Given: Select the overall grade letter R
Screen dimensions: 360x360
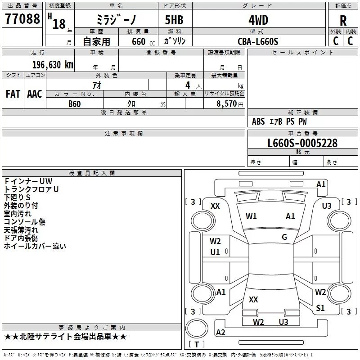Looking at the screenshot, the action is (343, 20).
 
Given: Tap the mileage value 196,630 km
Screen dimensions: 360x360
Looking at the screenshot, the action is (53, 64).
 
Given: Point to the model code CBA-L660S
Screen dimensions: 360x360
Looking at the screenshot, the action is (258, 41).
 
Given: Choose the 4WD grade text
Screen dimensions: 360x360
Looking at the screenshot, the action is (258, 20).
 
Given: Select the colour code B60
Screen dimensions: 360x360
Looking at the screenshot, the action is (75, 104).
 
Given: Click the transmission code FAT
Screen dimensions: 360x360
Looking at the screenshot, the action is (13, 94).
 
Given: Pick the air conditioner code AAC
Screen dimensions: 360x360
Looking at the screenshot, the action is (35, 94).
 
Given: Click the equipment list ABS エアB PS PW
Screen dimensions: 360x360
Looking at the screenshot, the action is (279, 121).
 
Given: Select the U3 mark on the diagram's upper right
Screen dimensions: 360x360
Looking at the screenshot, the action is (327, 206).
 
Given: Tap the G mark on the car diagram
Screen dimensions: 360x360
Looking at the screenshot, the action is (284, 237).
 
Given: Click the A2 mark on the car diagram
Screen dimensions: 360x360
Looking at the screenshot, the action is (220, 332).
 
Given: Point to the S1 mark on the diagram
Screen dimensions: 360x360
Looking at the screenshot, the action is (320, 308).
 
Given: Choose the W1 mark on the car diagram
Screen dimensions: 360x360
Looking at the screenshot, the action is (251, 216).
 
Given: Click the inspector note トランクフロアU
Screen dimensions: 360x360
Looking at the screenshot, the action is (31, 189).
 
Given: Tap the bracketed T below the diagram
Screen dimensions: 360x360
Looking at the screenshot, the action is (197, 344).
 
